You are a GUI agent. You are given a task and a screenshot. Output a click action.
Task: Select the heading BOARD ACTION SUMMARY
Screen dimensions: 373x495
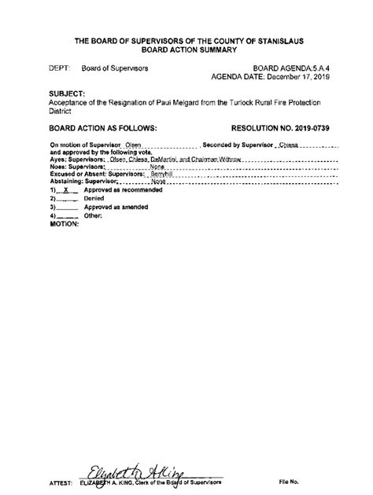187,49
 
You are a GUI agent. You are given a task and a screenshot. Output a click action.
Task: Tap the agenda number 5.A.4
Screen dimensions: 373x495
311,69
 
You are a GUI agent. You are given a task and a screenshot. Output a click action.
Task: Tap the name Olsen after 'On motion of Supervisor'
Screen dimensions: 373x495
133,145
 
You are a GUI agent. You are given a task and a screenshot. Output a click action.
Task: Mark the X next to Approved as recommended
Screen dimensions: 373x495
67,191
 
